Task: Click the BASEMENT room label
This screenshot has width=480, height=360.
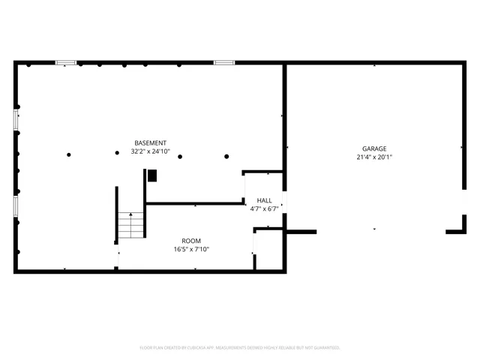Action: point(150,142)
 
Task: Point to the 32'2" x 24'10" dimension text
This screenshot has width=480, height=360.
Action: point(150,151)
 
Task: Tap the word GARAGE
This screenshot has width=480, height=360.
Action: point(375,148)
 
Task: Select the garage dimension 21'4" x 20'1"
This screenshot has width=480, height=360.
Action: point(375,157)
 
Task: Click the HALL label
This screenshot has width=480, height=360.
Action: point(265,200)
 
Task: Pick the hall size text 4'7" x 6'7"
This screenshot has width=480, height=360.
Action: point(265,208)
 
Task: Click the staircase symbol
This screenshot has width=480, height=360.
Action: point(130,224)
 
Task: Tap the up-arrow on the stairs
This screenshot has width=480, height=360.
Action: point(130,215)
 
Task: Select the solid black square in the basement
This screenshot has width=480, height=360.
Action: point(152,175)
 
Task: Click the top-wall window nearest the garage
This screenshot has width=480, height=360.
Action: point(224,63)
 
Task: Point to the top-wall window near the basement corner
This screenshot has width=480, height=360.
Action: point(66,63)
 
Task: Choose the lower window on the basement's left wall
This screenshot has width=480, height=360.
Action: point(16,208)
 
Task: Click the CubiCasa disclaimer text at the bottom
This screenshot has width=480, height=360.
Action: point(240,347)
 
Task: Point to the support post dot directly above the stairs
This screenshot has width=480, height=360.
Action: point(117,154)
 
